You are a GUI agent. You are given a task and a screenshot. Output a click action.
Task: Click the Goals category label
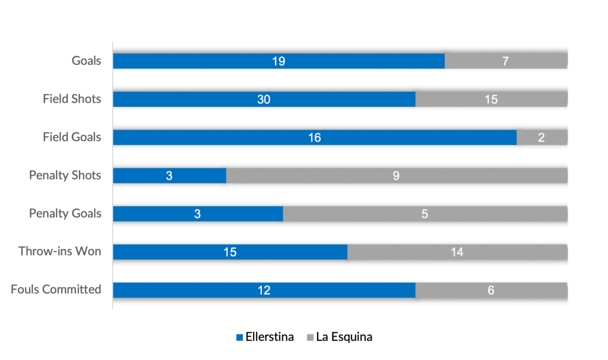pos(87,61)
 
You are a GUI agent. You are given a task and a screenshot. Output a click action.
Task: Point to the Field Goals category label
pos(72,137)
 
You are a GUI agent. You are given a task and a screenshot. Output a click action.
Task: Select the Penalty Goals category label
pos(65,213)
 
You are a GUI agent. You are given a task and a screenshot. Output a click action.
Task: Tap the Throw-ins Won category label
pos(60,251)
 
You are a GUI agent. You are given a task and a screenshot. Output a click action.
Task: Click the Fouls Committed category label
pos(56,289)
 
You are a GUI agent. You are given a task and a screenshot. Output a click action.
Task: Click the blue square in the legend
pos(239,337)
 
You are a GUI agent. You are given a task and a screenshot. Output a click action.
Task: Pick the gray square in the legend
pos(310,337)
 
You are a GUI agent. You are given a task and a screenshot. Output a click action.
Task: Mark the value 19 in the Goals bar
pos(278,61)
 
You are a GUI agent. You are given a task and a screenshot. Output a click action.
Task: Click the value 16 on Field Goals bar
pos(314,138)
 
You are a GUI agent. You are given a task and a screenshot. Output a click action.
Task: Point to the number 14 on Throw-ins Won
pos(457,252)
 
